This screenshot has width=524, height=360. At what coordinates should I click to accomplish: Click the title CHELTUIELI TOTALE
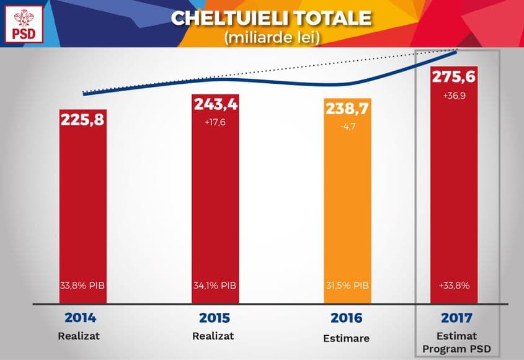pyautogui.click(x=271, y=17)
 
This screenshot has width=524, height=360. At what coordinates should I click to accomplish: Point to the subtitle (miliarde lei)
pyautogui.click(x=272, y=37)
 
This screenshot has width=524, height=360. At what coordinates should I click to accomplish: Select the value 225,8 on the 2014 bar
pyautogui.click(x=82, y=119)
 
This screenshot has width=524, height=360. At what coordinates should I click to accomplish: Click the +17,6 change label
pyautogui.click(x=215, y=122)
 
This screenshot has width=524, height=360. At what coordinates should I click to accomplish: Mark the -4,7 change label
pyautogui.click(x=347, y=127)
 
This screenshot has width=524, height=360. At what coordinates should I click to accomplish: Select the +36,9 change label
pyautogui.click(x=455, y=97)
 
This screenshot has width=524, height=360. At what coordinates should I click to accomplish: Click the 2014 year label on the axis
pyautogui.click(x=80, y=318)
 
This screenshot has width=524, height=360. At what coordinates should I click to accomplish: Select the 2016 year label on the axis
pyautogui.click(x=345, y=318)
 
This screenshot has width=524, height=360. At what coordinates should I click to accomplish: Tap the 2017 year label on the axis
pyautogui.click(x=456, y=318)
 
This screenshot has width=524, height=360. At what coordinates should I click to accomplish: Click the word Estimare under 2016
pyautogui.click(x=346, y=339)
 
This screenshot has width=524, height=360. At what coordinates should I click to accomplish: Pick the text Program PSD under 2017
pyautogui.click(x=456, y=349)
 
